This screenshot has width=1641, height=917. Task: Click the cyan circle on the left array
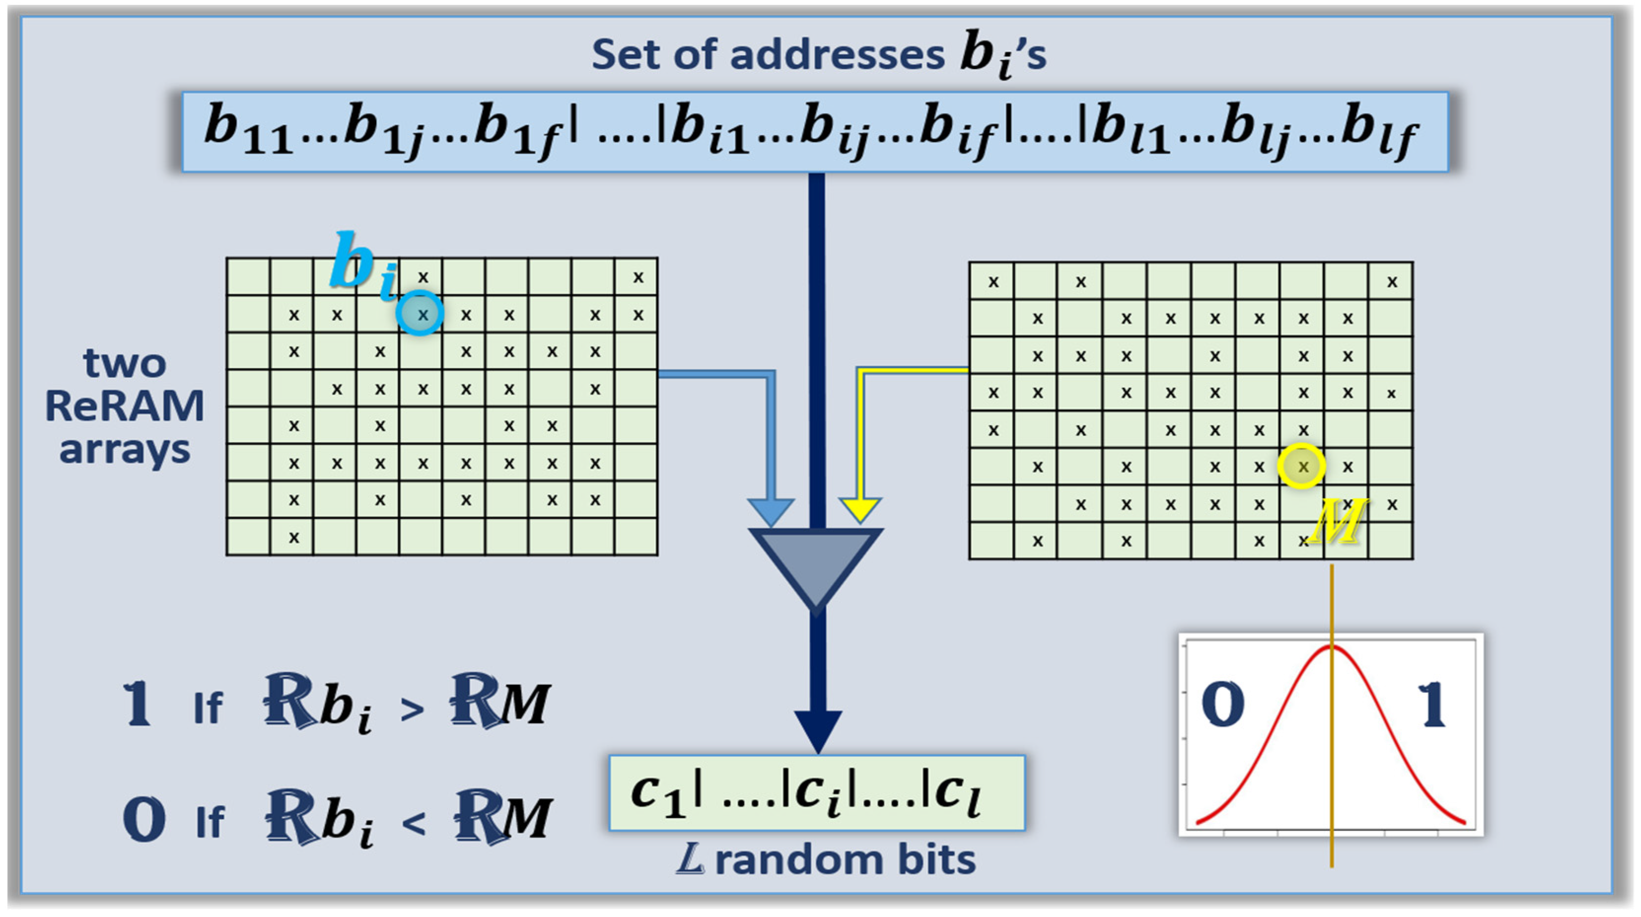pos(420,313)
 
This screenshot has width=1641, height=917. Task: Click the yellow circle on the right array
pos(1301,466)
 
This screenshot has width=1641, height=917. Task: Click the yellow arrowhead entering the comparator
pos(861,510)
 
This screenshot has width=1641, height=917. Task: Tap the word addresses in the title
pos(837,55)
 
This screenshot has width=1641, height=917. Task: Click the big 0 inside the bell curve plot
pos(1222,704)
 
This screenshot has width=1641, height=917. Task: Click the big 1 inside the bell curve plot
pos(1432,704)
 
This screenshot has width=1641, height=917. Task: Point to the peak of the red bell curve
pos(1332,647)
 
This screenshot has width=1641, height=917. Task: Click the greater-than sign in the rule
pos(412,709)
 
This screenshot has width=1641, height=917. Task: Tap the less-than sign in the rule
pos(414,823)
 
